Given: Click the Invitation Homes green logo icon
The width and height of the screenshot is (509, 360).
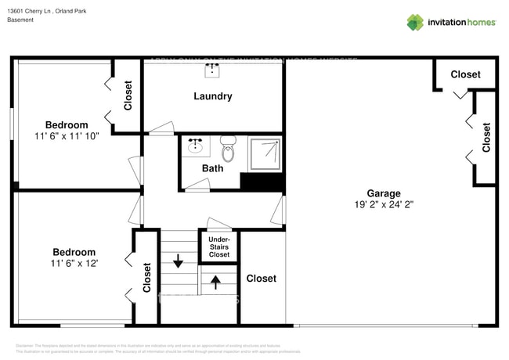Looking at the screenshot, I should point(414,22).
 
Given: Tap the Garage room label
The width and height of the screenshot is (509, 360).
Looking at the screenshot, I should point(384,193).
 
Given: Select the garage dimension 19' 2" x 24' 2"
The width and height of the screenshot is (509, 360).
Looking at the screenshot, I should point(384,205).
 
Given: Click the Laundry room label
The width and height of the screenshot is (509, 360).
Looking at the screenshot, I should point(213,96).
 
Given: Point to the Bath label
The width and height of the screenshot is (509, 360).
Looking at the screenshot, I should point(212,168).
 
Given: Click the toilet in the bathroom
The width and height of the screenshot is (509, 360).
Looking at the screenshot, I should point(228,146).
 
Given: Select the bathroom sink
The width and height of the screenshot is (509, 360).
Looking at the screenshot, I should point(196,146).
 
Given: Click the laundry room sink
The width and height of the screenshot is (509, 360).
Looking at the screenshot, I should point(213,70).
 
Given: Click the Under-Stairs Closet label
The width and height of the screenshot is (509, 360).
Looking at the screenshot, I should point(218,247).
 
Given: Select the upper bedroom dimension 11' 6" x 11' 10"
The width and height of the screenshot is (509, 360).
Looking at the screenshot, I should point(67,136).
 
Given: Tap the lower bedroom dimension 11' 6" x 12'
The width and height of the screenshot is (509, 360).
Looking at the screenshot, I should point(75,264).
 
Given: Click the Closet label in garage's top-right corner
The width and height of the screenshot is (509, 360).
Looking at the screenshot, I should point(465,74).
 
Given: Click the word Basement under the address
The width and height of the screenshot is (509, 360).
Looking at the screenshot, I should point(21,20).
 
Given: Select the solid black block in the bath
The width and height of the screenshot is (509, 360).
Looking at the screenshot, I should point(261,182).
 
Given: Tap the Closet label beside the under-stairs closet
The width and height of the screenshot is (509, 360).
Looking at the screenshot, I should point(262,279).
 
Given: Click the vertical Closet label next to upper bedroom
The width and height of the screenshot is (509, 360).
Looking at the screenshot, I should point(128,95).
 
